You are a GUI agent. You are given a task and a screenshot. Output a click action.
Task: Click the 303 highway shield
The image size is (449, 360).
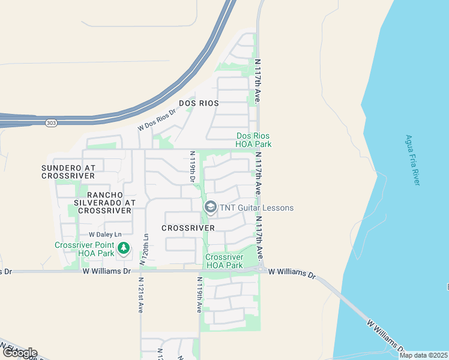click(x=50, y=123)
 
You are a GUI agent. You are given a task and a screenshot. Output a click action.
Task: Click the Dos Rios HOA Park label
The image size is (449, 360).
click(x=254, y=140)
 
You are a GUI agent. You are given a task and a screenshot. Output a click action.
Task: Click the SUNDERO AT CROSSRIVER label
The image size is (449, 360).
click(x=68, y=172)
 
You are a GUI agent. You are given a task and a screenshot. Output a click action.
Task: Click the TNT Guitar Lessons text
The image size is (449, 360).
click(x=257, y=208)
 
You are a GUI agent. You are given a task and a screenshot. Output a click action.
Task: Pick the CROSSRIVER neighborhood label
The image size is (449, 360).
click(x=188, y=229)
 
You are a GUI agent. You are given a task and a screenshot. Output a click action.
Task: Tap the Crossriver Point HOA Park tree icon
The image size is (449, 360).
click(x=124, y=248)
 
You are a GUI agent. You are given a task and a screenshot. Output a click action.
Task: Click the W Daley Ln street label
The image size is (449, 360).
click(x=105, y=234)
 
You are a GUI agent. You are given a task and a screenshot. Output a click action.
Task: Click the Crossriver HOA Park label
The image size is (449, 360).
click(x=224, y=261)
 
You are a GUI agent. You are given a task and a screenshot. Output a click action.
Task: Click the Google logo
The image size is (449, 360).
click(x=19, y=353)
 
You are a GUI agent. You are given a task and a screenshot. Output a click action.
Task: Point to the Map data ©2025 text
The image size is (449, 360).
click(x=423, y=355)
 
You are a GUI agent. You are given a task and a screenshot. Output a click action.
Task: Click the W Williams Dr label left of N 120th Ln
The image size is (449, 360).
click(x=106, y=271)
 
